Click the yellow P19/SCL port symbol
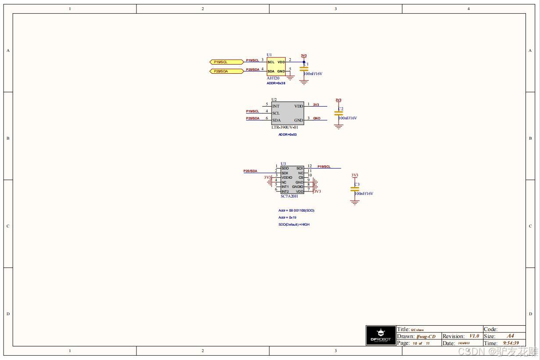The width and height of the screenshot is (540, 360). (x=226, y=62)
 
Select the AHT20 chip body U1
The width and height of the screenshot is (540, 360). (x=276, y=66)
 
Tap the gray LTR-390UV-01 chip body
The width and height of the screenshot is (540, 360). (x=287, y=113)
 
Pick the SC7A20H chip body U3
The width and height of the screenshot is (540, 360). (x=292, y=180)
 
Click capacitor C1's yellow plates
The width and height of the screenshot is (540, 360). (x=304, y=69)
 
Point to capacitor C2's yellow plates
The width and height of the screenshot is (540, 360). (x=338, y=113)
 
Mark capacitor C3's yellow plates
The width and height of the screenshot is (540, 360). (x=354, y=189)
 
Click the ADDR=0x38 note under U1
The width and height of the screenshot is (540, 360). (x=276, y=83)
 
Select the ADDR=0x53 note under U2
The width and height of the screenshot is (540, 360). (x=287, y=134)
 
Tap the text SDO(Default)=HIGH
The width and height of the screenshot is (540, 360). (x=294, y=224)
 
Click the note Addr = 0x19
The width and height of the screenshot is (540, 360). (x=288, y=217)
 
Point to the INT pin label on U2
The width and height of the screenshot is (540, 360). (x=276, y=106)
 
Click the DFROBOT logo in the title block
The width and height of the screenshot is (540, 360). (x=380, y=335)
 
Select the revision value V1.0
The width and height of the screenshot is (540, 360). (x=474, y=336)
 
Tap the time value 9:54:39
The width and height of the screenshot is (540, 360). (x=511, y=343)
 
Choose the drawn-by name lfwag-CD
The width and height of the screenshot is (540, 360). (x=426, y=336)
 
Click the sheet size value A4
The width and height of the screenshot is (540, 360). (x=510, y=336)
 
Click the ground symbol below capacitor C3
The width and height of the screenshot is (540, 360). (x=354, y=202)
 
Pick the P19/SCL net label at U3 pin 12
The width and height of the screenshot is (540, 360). (x=324, y=166)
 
